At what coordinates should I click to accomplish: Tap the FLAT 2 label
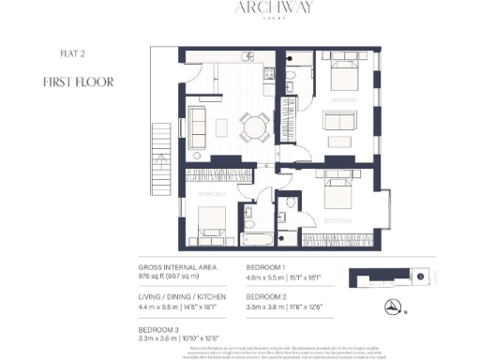point(58,54)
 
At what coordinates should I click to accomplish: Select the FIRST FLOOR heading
point(78,82)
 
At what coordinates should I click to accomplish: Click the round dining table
point(248,126)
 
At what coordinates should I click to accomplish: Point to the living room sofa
point(198,125)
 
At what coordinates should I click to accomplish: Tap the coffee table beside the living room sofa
point(221,125)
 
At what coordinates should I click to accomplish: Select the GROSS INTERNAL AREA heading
point(176,266)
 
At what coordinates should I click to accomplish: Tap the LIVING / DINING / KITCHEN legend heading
point(185,294)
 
